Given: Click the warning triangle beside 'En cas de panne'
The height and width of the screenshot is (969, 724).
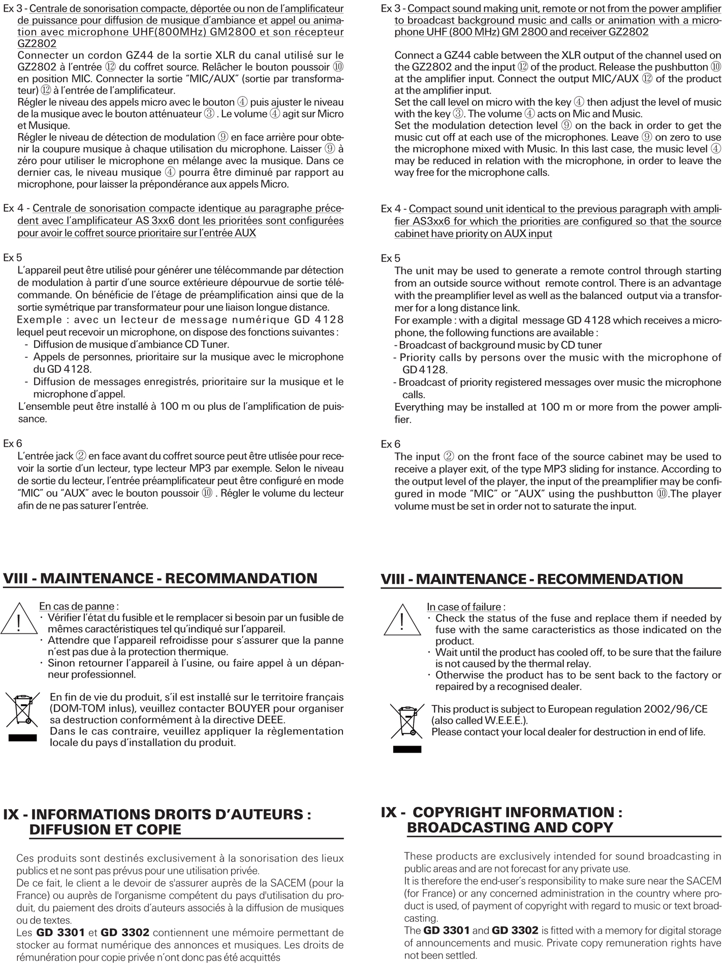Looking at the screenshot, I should click(19, 619).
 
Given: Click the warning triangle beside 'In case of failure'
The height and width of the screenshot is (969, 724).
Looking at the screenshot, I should click(402, 621).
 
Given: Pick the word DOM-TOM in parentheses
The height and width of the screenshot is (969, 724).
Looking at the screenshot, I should click(71, 708).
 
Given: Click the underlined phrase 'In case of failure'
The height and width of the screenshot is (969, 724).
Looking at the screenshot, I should click(463, 607).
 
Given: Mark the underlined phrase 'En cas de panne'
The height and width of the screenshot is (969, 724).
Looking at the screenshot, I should click(76, 606).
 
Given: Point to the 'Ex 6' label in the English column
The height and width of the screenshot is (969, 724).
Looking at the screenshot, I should click(390, 444).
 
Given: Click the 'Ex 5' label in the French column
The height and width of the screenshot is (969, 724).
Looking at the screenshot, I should click(13, 257).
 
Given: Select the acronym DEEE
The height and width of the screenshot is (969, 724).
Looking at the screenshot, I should click(268, 720).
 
